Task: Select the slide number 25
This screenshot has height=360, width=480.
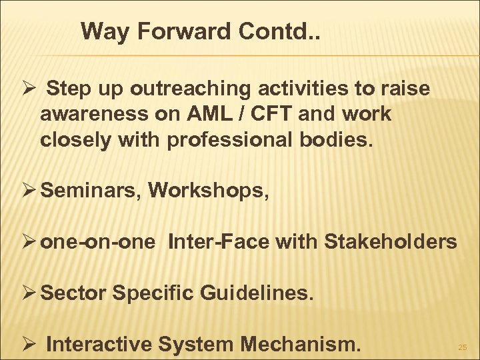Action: (462, 347)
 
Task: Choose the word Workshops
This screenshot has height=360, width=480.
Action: (209, 191)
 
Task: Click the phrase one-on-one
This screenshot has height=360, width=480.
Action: (99, 242)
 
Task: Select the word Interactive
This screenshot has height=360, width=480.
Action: (100, 344)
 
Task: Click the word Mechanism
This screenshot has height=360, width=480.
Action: (300, 344)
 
